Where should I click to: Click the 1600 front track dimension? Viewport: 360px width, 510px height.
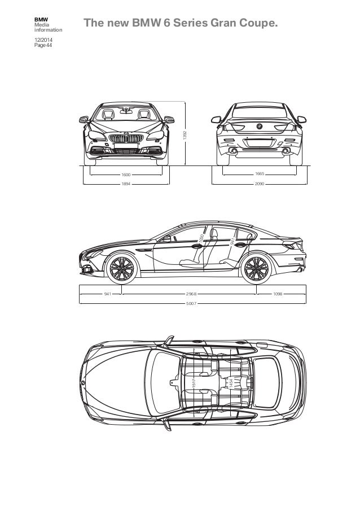(126, 175)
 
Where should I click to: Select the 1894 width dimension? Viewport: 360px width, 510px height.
(126, 184)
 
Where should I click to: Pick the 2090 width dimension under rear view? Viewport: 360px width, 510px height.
(260, 184)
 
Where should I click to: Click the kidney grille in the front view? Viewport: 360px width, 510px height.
(126, 139)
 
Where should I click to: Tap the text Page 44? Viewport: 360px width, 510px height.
(42, 45)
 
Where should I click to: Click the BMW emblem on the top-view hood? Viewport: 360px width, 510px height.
(84, 383)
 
